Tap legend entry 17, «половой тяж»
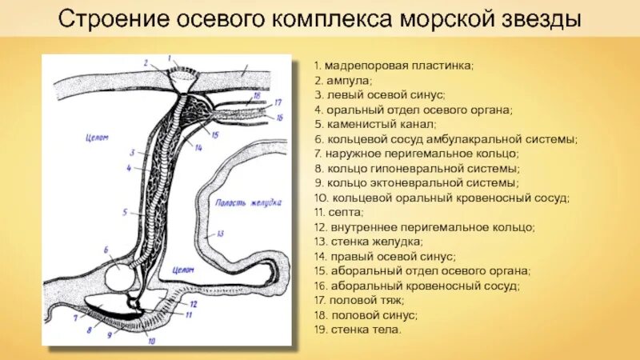point(359,300)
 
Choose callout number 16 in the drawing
point(280,117)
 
